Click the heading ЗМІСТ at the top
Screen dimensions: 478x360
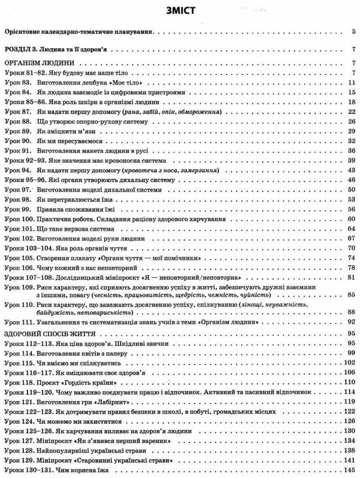pos(180,10)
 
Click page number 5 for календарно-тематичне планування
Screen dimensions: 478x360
pos(353,29)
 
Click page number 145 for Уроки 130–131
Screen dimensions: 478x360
pos(350,470)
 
